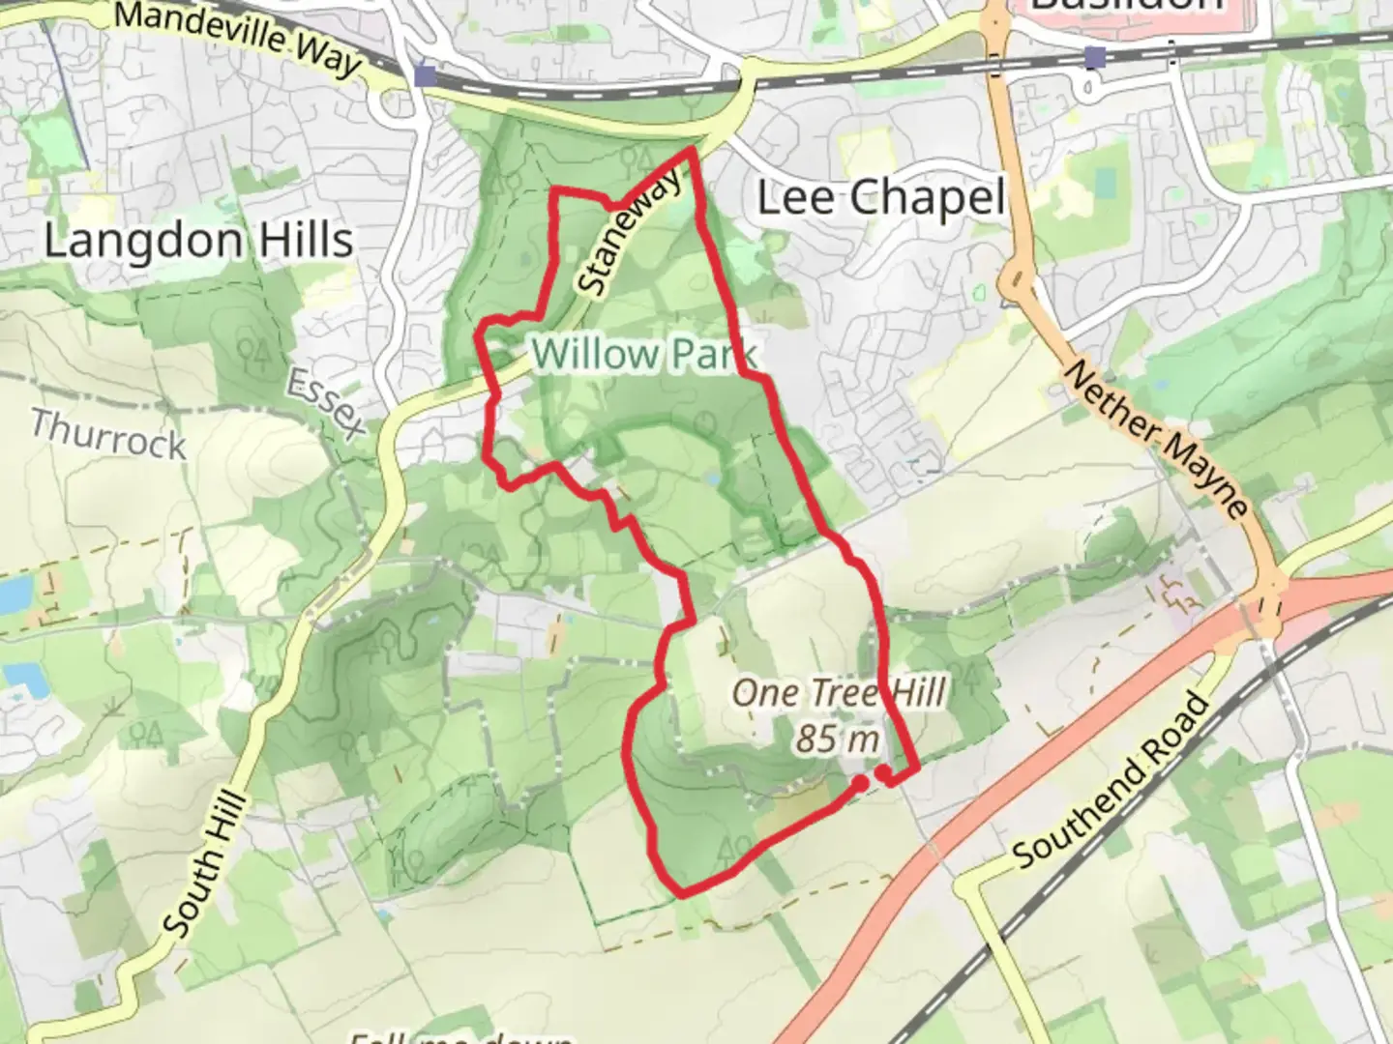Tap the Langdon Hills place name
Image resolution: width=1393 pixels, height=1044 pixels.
coord(198,240)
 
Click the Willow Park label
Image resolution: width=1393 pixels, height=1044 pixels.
coord(644,354)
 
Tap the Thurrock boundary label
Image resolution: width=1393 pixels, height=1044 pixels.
coord(107,435)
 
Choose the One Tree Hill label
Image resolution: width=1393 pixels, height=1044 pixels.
coord(838,693)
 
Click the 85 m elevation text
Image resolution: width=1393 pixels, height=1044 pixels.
coord(838,739)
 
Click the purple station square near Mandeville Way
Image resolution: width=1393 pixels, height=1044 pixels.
coord(424,74)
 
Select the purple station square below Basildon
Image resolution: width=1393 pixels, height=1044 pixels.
coord(1094,58)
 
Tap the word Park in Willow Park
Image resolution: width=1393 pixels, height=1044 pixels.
coord(712,354)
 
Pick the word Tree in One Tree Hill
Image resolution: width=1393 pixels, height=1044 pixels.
coord(841,693)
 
